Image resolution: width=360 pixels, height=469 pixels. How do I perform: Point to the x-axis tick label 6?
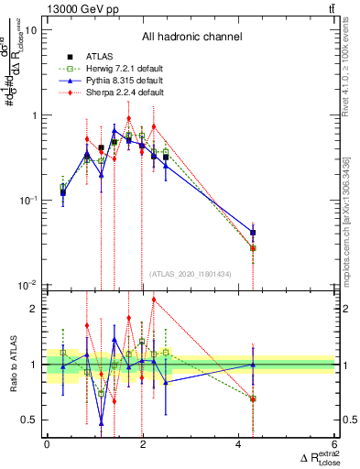coord(335,444)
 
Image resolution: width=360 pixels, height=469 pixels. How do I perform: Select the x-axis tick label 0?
coord(47,444)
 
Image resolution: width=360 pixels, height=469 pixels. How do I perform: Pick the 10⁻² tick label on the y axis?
coord(27,285)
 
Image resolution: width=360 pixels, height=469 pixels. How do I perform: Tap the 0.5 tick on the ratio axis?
coord(29,420)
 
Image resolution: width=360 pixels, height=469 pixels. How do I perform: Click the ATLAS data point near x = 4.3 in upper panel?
coord(253,233)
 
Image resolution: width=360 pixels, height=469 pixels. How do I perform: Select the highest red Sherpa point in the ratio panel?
coord(153,300)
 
